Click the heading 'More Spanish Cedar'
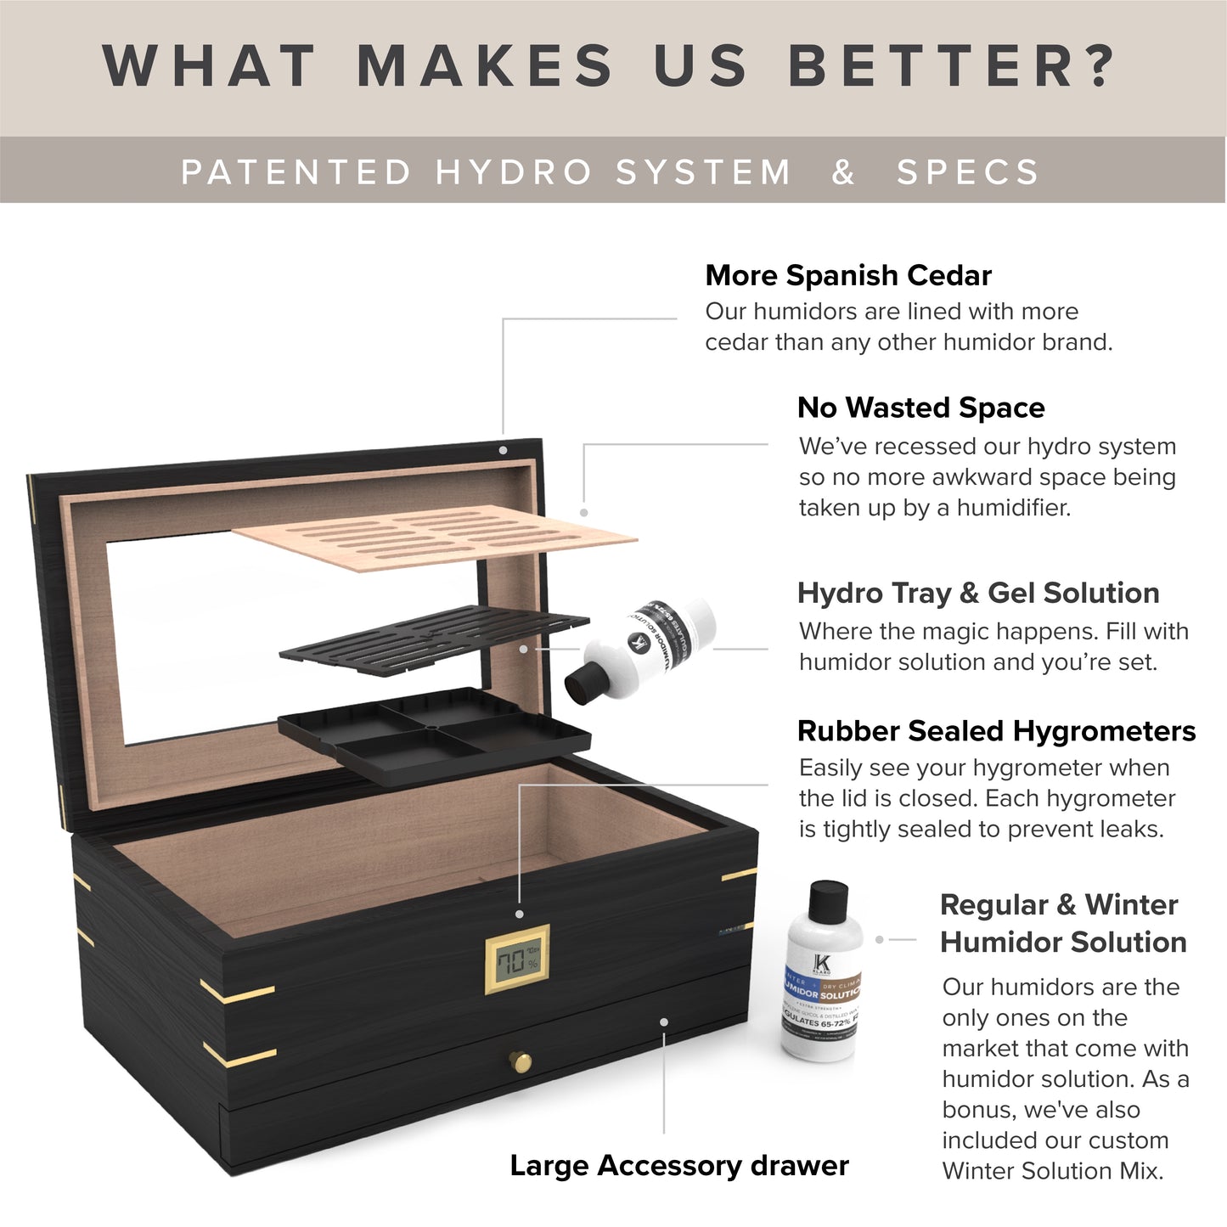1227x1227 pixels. (847, 275)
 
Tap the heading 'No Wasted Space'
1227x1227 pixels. (920, 408)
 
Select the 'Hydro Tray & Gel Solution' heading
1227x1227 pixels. (978, 593)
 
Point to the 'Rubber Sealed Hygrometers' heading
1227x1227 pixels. (996, 731)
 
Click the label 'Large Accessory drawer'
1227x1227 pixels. (678, 1166)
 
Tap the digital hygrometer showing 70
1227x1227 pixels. (517, 960)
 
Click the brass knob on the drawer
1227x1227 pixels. (520, 1061)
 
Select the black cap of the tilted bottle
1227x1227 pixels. (584, 683)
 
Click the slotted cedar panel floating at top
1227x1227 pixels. (433, 537)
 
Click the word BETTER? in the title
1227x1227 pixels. (951, 66)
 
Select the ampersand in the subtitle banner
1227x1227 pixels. (842, 172)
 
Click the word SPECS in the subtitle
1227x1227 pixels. (968, 172)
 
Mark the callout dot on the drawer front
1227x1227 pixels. (664, 1022)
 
